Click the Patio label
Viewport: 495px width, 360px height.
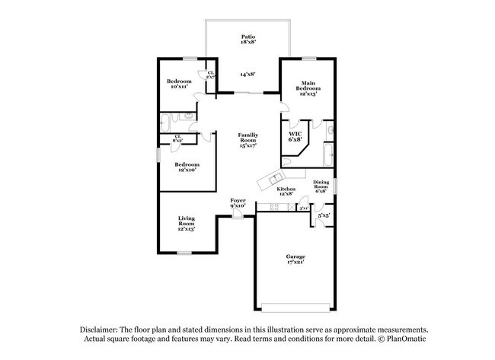click(247, 39)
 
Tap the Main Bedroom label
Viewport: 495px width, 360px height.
click(308, 88)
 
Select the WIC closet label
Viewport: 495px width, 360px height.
click(295, 136)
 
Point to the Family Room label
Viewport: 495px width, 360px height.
click(247, 140)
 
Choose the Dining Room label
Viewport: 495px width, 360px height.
click(322, 186)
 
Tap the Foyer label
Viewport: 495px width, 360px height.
click(238, 202)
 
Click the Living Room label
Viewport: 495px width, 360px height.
click(187, 224)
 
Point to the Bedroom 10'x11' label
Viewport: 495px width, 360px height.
click(180, 84)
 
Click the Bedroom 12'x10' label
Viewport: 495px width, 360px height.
click(187, 167)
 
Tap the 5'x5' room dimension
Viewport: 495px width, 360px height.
click(322, 215)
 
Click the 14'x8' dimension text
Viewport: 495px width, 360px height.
click(247, 75)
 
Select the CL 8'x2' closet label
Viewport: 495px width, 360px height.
click(177, 139)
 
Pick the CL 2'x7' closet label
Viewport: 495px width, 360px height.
click(210, 75)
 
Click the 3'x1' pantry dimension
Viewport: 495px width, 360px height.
click(303, 208)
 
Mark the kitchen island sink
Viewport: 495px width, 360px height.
click(270, 181)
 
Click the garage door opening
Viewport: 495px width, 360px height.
click(295, 307)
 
